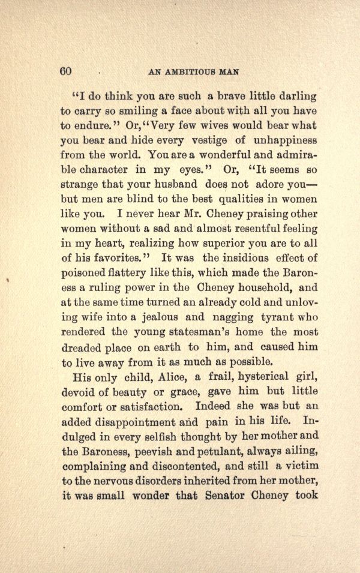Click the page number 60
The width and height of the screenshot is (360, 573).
[x=66, y=70]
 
